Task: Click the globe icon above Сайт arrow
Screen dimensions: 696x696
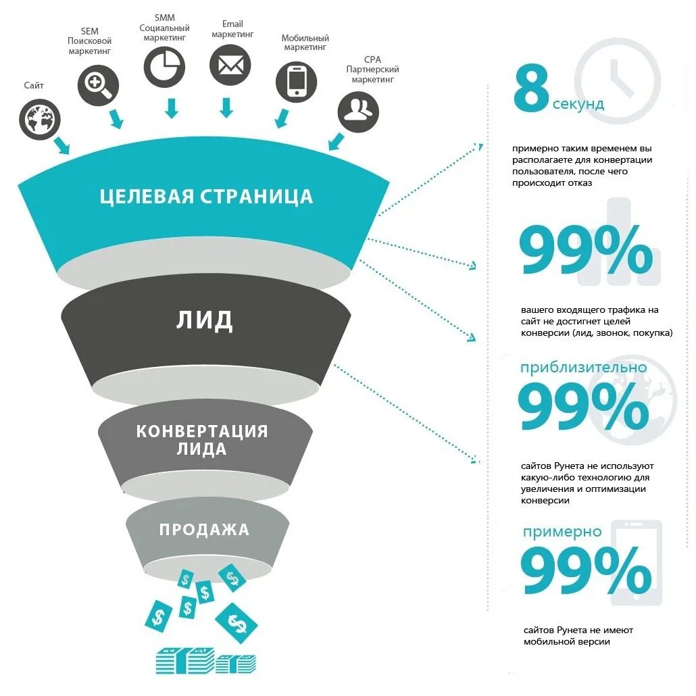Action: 40,120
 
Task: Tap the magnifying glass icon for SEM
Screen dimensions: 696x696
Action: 98,85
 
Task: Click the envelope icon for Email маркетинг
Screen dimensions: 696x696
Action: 230,66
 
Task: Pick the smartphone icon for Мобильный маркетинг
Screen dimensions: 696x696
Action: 296,81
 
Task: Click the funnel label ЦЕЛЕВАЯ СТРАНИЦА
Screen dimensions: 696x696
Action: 206,197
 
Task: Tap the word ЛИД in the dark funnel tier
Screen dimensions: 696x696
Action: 205,320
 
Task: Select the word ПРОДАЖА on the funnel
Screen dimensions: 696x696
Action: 204,529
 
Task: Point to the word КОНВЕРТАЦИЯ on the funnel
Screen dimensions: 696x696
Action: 202,431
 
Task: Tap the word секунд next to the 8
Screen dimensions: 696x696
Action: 578,104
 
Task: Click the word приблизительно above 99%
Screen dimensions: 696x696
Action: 583,368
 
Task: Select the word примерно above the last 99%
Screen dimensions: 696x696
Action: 562,532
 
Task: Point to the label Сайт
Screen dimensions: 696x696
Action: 33,85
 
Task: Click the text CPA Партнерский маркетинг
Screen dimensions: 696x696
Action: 372,69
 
